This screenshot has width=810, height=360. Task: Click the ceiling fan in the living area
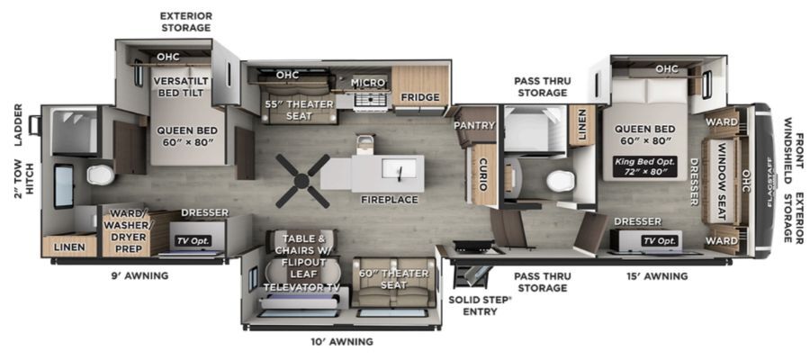pos(302,181)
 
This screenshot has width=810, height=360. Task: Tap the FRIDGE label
pos(420,97)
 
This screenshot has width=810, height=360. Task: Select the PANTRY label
pos(474,125)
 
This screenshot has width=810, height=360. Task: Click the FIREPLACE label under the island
pos(390,200)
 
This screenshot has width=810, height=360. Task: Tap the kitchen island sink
pos(400,168)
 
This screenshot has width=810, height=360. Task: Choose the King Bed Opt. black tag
pos(644,166)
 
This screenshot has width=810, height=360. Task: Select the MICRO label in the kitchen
pos(368,83)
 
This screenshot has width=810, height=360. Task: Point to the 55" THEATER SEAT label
pos(299,110)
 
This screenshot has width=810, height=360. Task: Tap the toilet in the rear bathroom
pos(100,175)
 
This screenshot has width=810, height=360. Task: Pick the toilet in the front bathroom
pos(560,181)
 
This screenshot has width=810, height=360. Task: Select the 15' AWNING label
pos(656,276)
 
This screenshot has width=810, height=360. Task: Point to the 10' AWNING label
pos(341,341)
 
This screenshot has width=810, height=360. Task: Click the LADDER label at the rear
pos(19,124)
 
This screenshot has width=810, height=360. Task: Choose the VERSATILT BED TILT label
pos(181,86)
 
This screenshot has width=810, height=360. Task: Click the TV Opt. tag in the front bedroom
pos(661,240)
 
